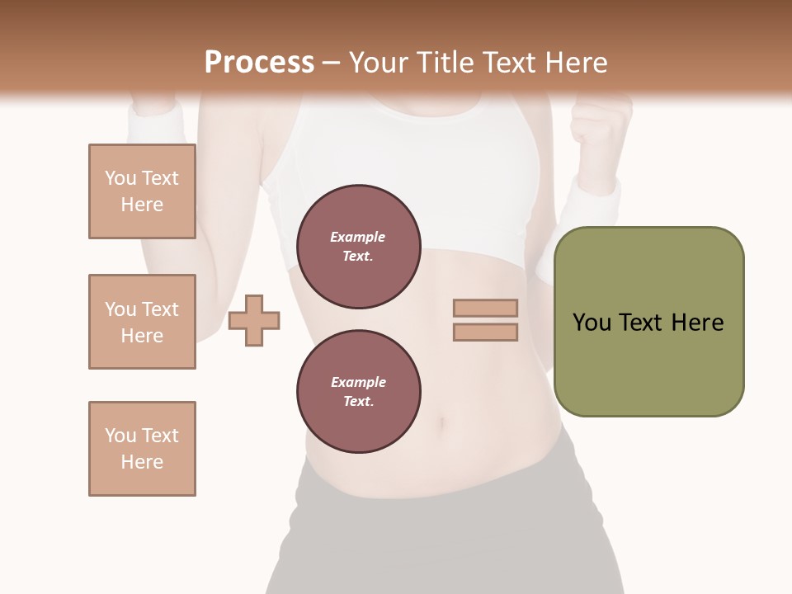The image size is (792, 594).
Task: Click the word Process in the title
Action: point(259,62)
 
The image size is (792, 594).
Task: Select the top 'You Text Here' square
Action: point(142,191)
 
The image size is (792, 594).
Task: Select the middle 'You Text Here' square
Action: point(142,322)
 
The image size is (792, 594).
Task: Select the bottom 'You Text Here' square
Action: point(142,449)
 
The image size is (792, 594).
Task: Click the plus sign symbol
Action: point(254,320)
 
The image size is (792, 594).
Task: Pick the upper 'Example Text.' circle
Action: point(358,247)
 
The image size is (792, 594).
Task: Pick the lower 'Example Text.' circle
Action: point(358,391)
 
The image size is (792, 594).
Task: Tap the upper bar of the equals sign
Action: point(485,309)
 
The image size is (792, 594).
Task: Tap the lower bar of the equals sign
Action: point(485,332)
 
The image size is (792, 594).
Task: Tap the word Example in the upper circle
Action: point(358,237)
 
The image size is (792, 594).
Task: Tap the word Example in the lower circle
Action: point(358,382)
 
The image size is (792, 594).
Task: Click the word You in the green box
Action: point(592,323)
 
